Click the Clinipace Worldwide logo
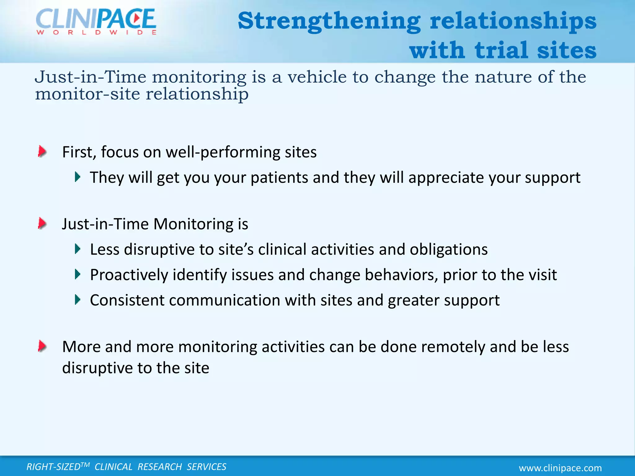coord(96,21)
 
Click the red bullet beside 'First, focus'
coord(42,152)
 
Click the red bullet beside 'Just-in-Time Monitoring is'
coord(42,223)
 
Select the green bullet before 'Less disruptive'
coord(78,249)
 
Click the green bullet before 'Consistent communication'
coord(78,300)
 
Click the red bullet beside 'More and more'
coord(42,346)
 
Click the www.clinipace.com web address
coord(560,468)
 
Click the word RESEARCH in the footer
coord(160,467)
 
